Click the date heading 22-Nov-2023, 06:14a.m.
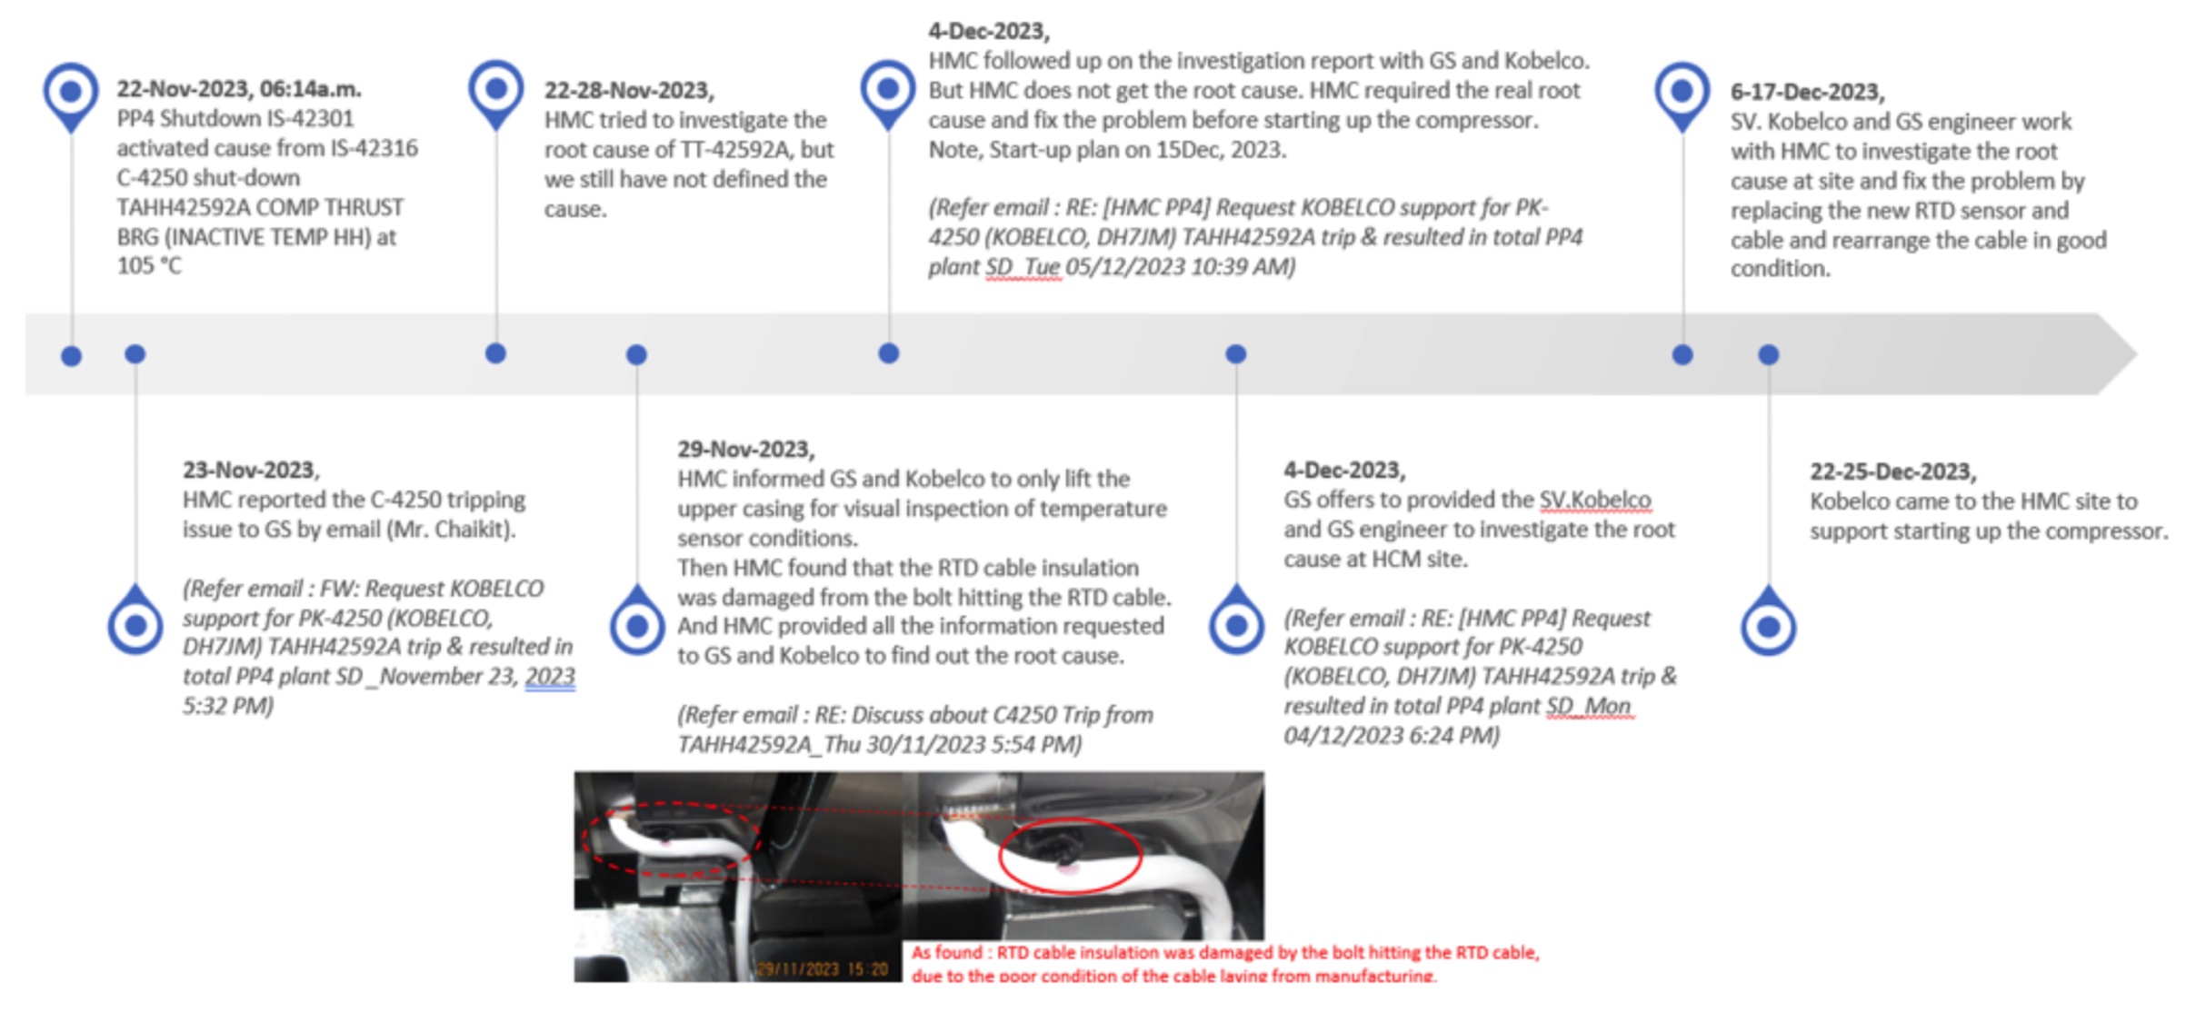tap(238, 89)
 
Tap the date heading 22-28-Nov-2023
tap(628, 91)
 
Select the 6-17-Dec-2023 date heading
tap(1806, 93)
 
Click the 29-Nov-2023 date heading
tap(744, 450)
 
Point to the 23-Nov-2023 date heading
tap(250, 471)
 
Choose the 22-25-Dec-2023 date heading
tap(1892, 471)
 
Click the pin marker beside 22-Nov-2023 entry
tap(71, 93)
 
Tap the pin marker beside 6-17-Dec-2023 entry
tap(1682, 93)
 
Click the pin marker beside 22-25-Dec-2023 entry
tap(1768, 626)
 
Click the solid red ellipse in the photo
tap(1070, 855)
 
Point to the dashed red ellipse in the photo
tap(671, 838)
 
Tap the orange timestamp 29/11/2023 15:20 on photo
tap(823, 969)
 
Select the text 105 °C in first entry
tap(149, 266)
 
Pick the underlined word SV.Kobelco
tap(1594, 501)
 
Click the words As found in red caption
tap(946, 953)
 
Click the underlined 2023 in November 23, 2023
tap(550, 677)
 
